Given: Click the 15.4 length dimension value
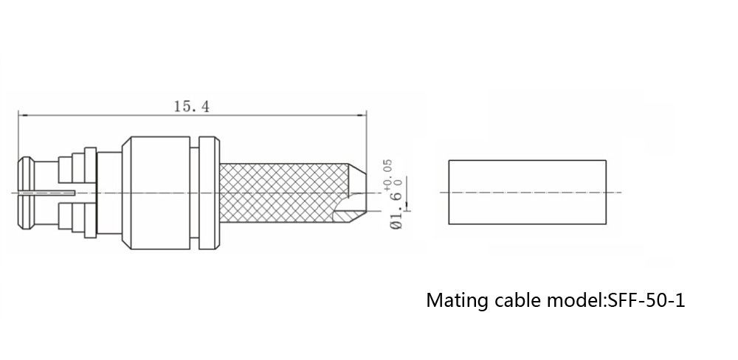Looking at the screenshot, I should pyautogui.click(x=191, y=106).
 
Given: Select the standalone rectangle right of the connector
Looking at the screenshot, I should pyautogui.click(x=528, y=192).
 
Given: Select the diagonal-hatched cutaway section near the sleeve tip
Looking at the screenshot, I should pyautogui.click(x=347, y=215).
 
